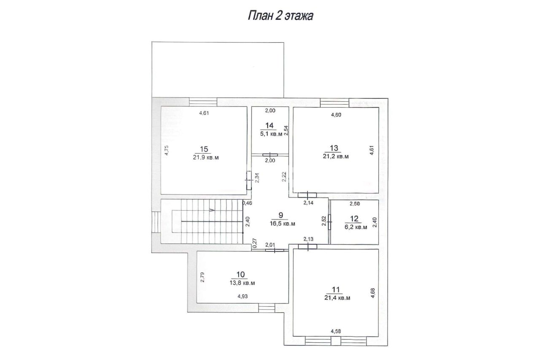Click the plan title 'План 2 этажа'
pos(281,16)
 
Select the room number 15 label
pos(204,149)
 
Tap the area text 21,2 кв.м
pos(336,157)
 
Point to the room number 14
pos(269,125)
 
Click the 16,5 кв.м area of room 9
pos(283,224)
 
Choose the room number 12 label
pos(354,219)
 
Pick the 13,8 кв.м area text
pos(242,283)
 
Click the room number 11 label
pos(336,290)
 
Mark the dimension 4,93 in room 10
pos(243,296)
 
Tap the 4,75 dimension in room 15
pos(167,150)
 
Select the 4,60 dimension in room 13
pos(336,115)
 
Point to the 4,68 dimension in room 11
pos(373,293)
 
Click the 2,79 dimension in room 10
pos(202,277)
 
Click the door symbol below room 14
pos(270,155)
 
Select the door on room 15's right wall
pos(249,180)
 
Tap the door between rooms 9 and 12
pos(329,222)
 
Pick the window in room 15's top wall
pos(203,102)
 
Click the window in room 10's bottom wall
pos(267,308)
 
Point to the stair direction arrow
pos(212,210)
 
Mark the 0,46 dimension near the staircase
pos(247,203)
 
